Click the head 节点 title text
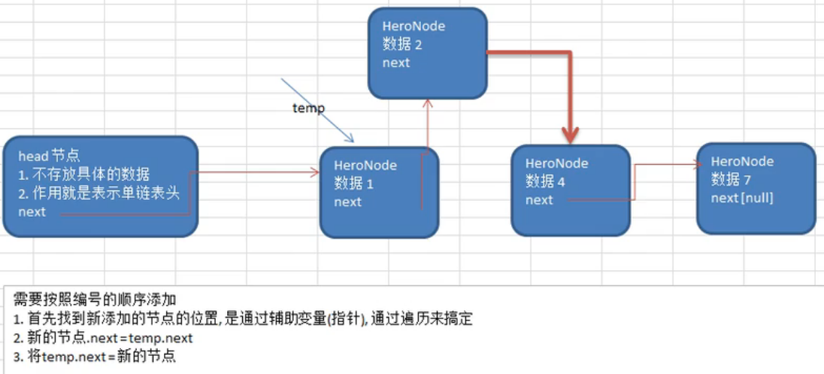pyautogui.click(x=49, y=156)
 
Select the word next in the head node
pyautogui.click(x=32, y=212)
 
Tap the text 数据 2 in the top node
pyautogui.click(x=402, y=44)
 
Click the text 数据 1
pyautogui.click(x=354, y=184)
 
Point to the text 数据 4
pyautogui.click(x=546, y=181)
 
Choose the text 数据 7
pyautogui.click(x=731, y=179)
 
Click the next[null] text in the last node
pyautogui.click(x=742, y=198)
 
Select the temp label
pyautogui.click(x=308, y=108)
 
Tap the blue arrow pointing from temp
pyautogui.click(x=317, y=111)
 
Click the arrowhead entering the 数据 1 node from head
pyautogui.click(x=314, y=172)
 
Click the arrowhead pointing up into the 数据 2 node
pyautogui.click(x=428, y=104)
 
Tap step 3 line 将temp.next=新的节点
pyautogui.click(x=94, y=357)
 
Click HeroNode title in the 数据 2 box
pyautogui.click(x=414, y=26)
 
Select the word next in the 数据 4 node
pyautogui.click(x=539, y=200)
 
